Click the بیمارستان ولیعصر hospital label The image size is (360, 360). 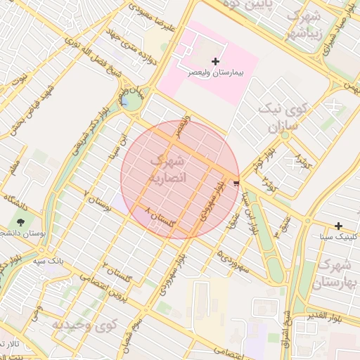coord(215,72)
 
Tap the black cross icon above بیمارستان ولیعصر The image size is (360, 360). coord(215,63)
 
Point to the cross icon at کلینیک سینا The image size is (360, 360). coord(339,226)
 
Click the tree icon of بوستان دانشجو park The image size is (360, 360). coord(21,221)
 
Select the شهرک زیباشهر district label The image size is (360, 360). coord(304,25)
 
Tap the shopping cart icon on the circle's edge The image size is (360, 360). coord(236,182)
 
